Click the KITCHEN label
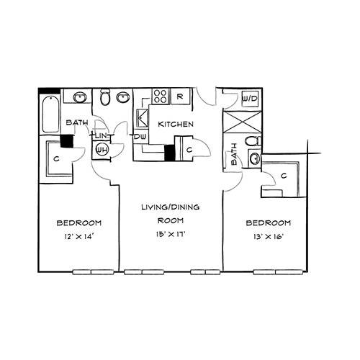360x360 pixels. [x=176, y=124]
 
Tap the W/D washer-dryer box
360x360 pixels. [x=250, y=99]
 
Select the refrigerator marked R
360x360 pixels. [x=180, y=96]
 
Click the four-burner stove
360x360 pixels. [x=160, y=96]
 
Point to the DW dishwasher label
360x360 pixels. [x=140, y=137]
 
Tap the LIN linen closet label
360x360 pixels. [x=102, y=136]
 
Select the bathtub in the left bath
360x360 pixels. [x=50, y=114]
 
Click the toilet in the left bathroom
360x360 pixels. [x=105, y=97]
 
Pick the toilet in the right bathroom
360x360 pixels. [x=253, y=141]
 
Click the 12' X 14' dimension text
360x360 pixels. [x=78, y=237]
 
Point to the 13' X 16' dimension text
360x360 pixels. [x=269, y=237]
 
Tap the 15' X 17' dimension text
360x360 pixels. [x=171, y=234]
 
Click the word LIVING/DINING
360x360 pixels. [x=171, y=207]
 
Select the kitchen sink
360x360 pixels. [x=142, y=118]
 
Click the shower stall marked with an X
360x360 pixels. [x=242, y=122]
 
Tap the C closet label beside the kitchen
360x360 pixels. [x=189, y=150]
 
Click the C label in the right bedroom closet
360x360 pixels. [x=284, y=176]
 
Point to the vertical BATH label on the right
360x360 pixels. [x=233, y=154]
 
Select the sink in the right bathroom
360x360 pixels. [x=255, y=158]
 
